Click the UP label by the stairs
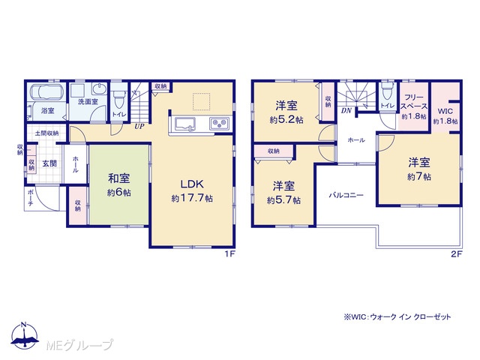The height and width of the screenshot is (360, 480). point(139,126)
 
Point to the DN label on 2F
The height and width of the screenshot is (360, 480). point(346,110)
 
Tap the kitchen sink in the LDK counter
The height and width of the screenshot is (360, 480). point(185,124)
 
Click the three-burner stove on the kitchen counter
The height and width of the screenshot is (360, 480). point(219,124)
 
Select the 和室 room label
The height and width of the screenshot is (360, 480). point(118,178)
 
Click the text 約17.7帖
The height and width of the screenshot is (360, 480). point(192,198)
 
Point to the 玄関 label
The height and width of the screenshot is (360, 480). point(49,163)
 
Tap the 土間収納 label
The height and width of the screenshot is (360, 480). point(46,133)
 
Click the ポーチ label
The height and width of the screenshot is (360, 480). point(30,197)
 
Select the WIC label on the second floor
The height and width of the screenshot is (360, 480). point(445,111)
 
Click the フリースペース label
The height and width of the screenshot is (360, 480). point(414,102)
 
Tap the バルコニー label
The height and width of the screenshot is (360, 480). point(346,195)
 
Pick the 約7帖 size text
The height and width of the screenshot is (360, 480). point(419,177)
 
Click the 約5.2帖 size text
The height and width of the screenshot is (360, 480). point(286,120)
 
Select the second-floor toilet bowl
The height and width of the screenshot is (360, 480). point(388,91)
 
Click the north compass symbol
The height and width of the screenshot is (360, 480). point(25,336)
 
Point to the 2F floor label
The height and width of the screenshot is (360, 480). point(456,254)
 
